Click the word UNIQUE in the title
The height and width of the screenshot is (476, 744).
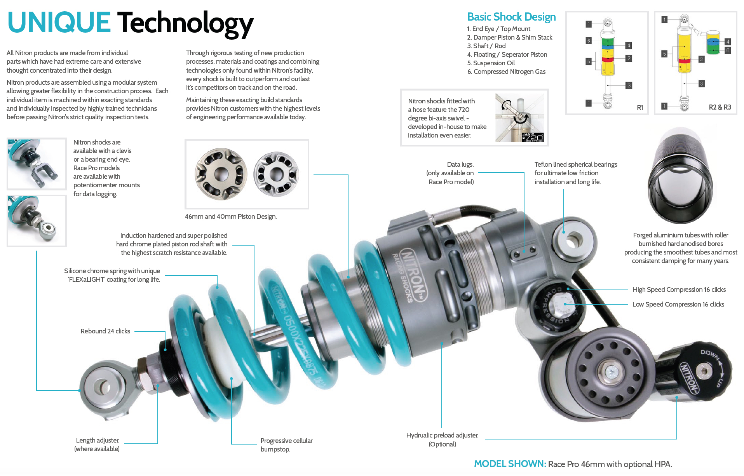coord(59,23)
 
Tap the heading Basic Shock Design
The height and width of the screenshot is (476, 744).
coord(511,17)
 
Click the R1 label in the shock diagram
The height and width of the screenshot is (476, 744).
coord(640,108)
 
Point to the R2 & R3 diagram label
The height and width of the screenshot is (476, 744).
coord(720,107)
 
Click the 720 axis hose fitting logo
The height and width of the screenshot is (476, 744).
coord(533,137)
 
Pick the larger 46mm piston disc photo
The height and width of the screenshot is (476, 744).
coord(221,174)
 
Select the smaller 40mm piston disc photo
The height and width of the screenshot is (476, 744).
coord(276,174)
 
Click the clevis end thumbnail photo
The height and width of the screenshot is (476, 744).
coord(37,164)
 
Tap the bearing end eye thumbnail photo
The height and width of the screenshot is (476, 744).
coord(37,221)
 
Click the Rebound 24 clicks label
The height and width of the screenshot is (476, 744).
coord(105,331)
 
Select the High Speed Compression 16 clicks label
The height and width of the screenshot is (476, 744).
coord(679,289)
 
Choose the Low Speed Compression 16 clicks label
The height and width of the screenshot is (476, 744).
coord(678,304)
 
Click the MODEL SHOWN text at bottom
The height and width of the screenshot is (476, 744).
coord(510,464)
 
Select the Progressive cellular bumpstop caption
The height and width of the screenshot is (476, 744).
coord(286,445)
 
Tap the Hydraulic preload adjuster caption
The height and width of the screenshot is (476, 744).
coord(442,439)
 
